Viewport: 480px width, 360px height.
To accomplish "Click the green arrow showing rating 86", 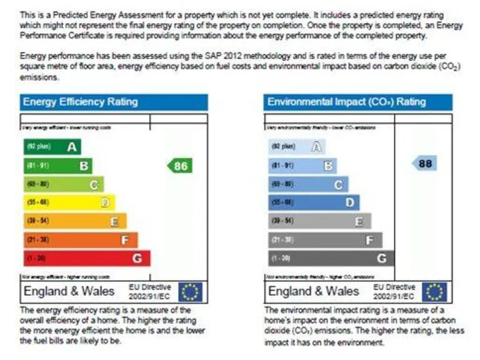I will click(x=179, y=166).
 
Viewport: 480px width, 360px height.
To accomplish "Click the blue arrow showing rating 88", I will click(x=424, y=164).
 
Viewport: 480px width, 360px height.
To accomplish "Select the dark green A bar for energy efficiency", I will click(x=52, y=147).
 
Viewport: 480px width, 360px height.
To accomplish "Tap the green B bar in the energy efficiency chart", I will click(x=57, y=166).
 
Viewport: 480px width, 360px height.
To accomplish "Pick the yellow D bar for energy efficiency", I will click(x=69, y=202).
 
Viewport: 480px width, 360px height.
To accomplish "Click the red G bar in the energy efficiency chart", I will click(x=86, y=257).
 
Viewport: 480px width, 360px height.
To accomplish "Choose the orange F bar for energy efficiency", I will click(x=80, y=239).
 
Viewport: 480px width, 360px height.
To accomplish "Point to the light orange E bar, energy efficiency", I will click(x=74, y=221).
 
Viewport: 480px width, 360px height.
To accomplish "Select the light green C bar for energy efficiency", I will click(x=63, y=184).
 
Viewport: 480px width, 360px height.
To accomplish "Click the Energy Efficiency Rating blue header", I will click(x=114, y=102).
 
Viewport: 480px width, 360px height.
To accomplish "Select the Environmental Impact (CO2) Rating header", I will click(x=357, y=102).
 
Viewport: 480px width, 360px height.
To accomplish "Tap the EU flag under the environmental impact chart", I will click(x=434, y=292).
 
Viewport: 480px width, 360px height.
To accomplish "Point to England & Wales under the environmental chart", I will click(x=314, y=292).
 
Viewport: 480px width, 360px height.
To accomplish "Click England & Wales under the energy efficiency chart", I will click(x=69, y=291).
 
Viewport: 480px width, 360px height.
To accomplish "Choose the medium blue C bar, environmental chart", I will click(x=308, y=184).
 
